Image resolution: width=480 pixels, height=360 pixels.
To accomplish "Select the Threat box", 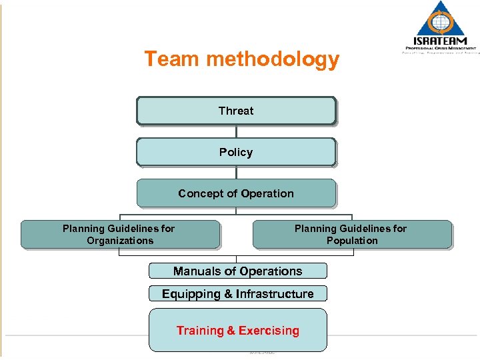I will tap(236, 111).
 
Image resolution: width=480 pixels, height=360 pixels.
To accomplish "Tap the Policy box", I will tap(236, 152).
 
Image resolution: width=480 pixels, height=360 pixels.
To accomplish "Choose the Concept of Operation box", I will tap(236, 193).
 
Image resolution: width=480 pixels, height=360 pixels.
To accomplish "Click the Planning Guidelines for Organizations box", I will tap(119, 235).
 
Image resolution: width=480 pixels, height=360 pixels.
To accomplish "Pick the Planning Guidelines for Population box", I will tap(351, 235).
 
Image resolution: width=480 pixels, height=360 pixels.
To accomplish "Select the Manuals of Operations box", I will tap(237, 271).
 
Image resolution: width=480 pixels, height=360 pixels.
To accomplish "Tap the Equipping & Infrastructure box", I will tap(237, 293).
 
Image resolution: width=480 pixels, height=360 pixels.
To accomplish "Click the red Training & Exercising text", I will tap(237, 331).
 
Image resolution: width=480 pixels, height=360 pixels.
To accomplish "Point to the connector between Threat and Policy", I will tap(236, 131).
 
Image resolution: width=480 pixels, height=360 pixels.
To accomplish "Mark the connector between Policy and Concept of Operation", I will tap(236, 173).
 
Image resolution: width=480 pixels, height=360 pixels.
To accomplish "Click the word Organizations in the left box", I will tap(120, 241).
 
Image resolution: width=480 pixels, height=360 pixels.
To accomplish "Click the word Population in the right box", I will tap(352, 241).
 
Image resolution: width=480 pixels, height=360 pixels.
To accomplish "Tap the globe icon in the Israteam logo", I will tap(441, 21).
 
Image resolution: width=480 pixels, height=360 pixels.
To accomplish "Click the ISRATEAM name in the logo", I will tap(441, 41).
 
